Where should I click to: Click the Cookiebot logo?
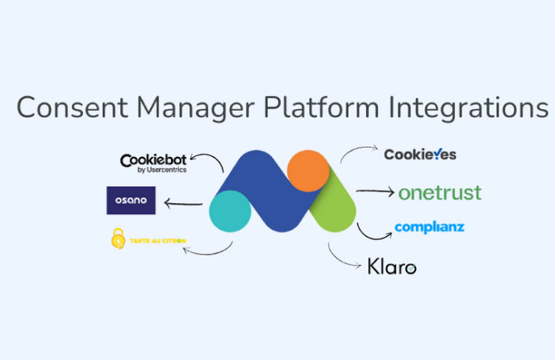(153, 161)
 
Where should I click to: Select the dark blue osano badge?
(130, 201)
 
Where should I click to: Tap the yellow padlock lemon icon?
(119, 239)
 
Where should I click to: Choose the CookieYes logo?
(420, 155)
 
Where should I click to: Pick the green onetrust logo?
(439, 192)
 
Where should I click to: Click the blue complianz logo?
(429, 227)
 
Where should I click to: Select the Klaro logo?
(392, 266)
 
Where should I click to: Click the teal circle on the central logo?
(230, 210)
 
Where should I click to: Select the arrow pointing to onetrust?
(375, 191)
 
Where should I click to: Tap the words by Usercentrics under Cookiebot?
(162, 169)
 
